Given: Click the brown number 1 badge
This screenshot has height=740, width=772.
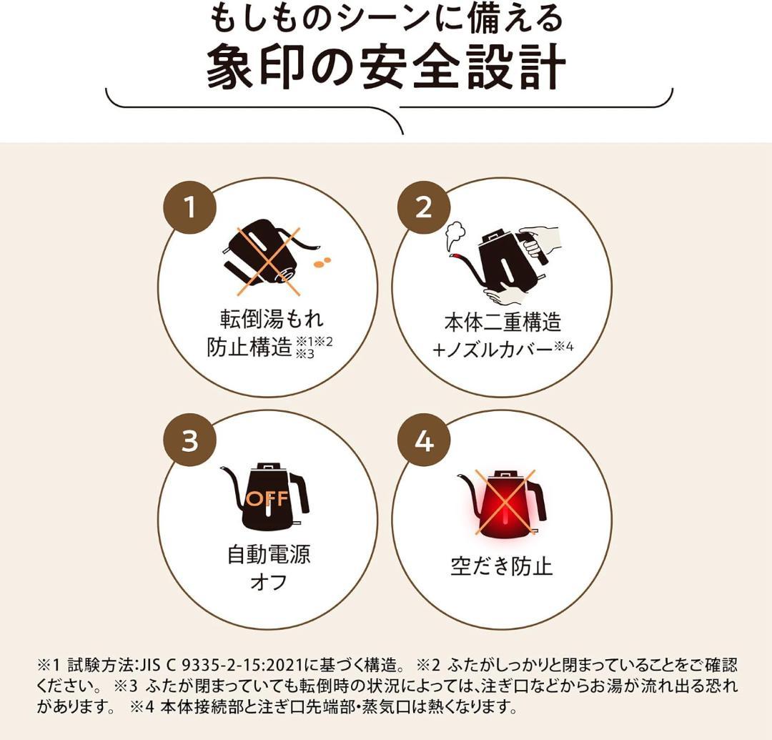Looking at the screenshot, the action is point(190,207).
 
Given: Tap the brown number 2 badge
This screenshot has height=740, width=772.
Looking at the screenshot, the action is point(424,207).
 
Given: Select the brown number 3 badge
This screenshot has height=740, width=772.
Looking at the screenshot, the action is point(190,440).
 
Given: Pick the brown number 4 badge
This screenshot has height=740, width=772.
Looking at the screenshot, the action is point(424,440).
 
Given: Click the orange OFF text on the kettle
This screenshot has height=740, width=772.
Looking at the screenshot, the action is point(267,498).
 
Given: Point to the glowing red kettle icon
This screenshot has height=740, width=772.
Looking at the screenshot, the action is point(503,505).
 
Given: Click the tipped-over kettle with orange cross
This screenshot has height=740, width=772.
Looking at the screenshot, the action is point(271,257).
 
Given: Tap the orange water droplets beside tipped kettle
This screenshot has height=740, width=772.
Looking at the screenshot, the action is point(322,262).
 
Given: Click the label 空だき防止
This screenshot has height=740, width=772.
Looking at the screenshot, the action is point(502,566).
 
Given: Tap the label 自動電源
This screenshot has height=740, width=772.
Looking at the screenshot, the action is point(269,555).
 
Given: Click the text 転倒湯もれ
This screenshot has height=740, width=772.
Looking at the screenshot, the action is point(272,319).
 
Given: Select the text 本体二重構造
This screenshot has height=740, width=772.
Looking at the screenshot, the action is point(503,322).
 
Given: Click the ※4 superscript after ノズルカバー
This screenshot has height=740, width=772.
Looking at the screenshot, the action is point(564,347).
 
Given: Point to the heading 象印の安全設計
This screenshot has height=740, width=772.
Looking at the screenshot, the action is point(386,67).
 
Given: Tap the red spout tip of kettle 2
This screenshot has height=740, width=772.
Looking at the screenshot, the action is point(457,257).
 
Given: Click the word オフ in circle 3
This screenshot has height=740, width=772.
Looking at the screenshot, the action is point(269,583).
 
